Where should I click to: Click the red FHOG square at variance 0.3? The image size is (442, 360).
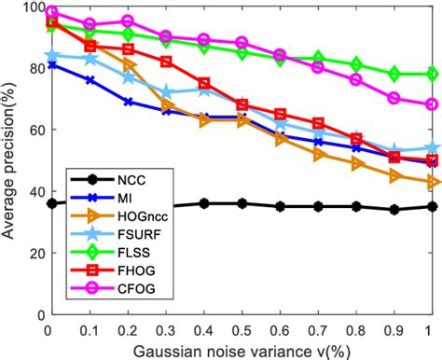(165, 62)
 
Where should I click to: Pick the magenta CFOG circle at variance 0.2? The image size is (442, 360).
(127, 21)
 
